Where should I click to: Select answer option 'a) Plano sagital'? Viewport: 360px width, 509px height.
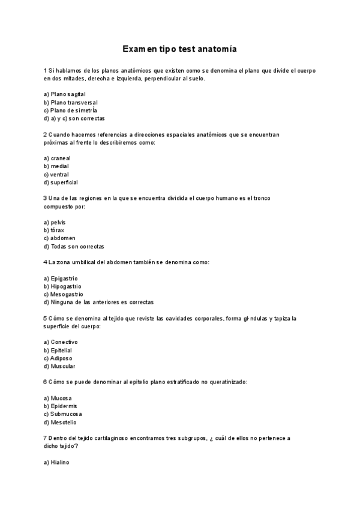point(65,94)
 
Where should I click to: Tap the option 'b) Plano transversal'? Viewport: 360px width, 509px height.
point(70,103)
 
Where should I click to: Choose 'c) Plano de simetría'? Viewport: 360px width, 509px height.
point(70,110)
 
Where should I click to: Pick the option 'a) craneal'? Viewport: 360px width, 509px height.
point(57,158)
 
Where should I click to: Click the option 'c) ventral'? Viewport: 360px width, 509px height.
point(56,175)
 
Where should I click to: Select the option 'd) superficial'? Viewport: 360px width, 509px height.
point(61,182)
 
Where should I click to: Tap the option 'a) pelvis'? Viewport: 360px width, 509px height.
point(55,222)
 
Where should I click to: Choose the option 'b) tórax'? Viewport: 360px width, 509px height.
point(54,230)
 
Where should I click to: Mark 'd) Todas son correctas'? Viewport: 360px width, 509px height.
point(74,246)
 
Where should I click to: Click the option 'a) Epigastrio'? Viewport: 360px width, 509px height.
point(61,279)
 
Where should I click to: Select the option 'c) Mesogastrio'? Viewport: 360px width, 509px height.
point(64,294)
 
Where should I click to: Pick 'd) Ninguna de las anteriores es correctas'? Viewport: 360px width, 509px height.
point(98,302)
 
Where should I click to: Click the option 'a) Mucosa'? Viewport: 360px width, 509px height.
point(58,398)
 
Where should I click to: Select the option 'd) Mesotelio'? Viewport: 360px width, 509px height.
point(60,422)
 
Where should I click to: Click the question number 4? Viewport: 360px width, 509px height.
point(46,262)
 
